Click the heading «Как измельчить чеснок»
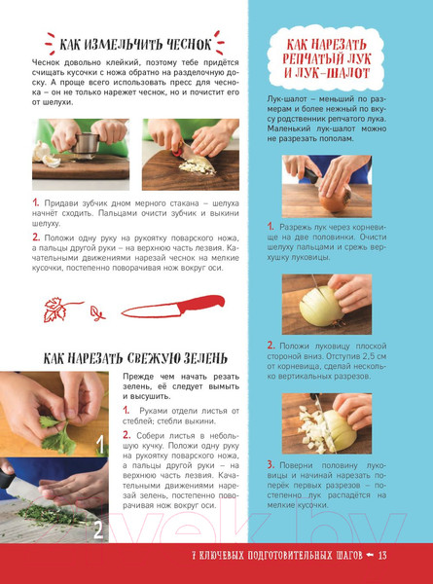(135, 45)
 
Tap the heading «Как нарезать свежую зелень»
(135, 358)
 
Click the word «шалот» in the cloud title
(346, 73)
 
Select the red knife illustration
(173, 307)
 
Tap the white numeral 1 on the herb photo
(100, 445)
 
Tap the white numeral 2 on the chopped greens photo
(98, 531)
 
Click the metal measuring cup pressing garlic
(86, 143)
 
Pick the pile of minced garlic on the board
(198, 167)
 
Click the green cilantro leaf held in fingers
(55, 434)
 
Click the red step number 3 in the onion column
(271, 465)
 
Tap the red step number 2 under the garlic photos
(36, 237)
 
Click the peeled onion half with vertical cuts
(321, 307)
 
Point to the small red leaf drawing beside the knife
(97, 313)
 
